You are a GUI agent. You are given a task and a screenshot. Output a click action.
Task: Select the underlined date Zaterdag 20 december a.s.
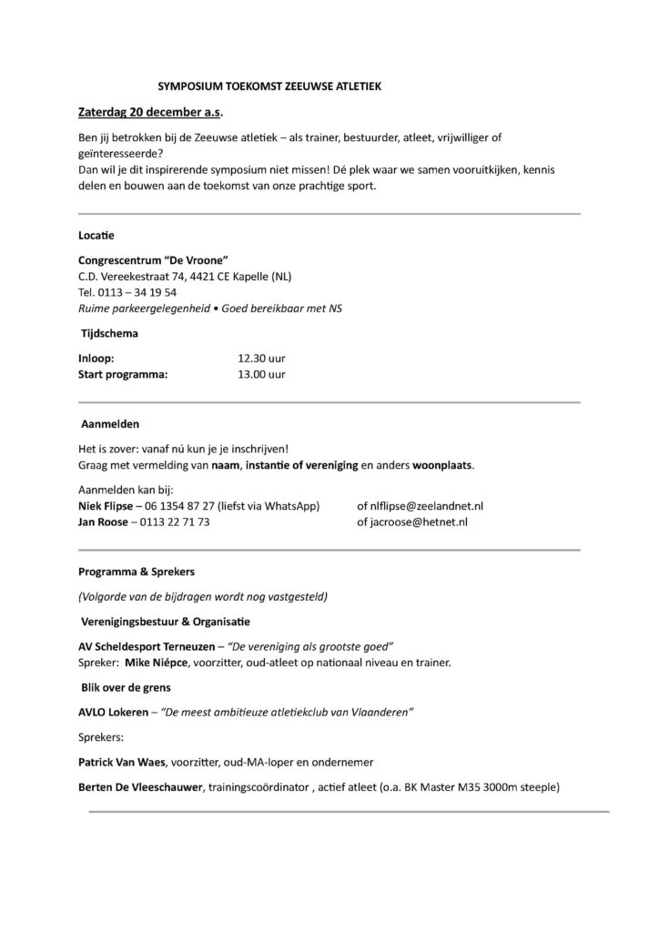[x=150, y=112]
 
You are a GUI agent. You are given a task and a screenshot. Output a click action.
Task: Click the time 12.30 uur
[x=261, y=359]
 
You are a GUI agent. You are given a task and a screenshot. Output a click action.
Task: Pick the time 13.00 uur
[x=261, y=374]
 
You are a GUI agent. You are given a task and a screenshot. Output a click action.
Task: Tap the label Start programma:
[x=124, y=374]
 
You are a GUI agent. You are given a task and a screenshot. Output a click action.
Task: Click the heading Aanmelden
[x=111, y=423]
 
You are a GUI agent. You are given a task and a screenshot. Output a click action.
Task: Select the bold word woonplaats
[x=441, y=464]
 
